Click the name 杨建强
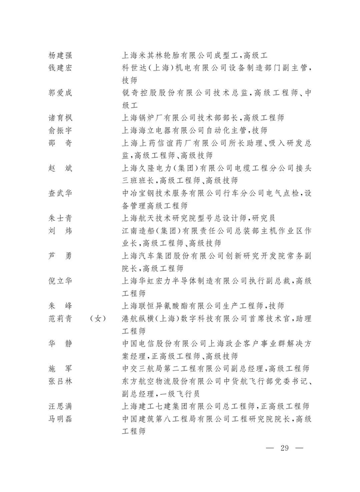(x=60, y=55)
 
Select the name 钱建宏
(x=60, y=68)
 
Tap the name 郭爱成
(x=60, y=93)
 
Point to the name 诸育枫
(x=60, y=118)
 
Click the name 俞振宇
(x=60, y=131)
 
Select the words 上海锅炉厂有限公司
(x=163, y=118)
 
